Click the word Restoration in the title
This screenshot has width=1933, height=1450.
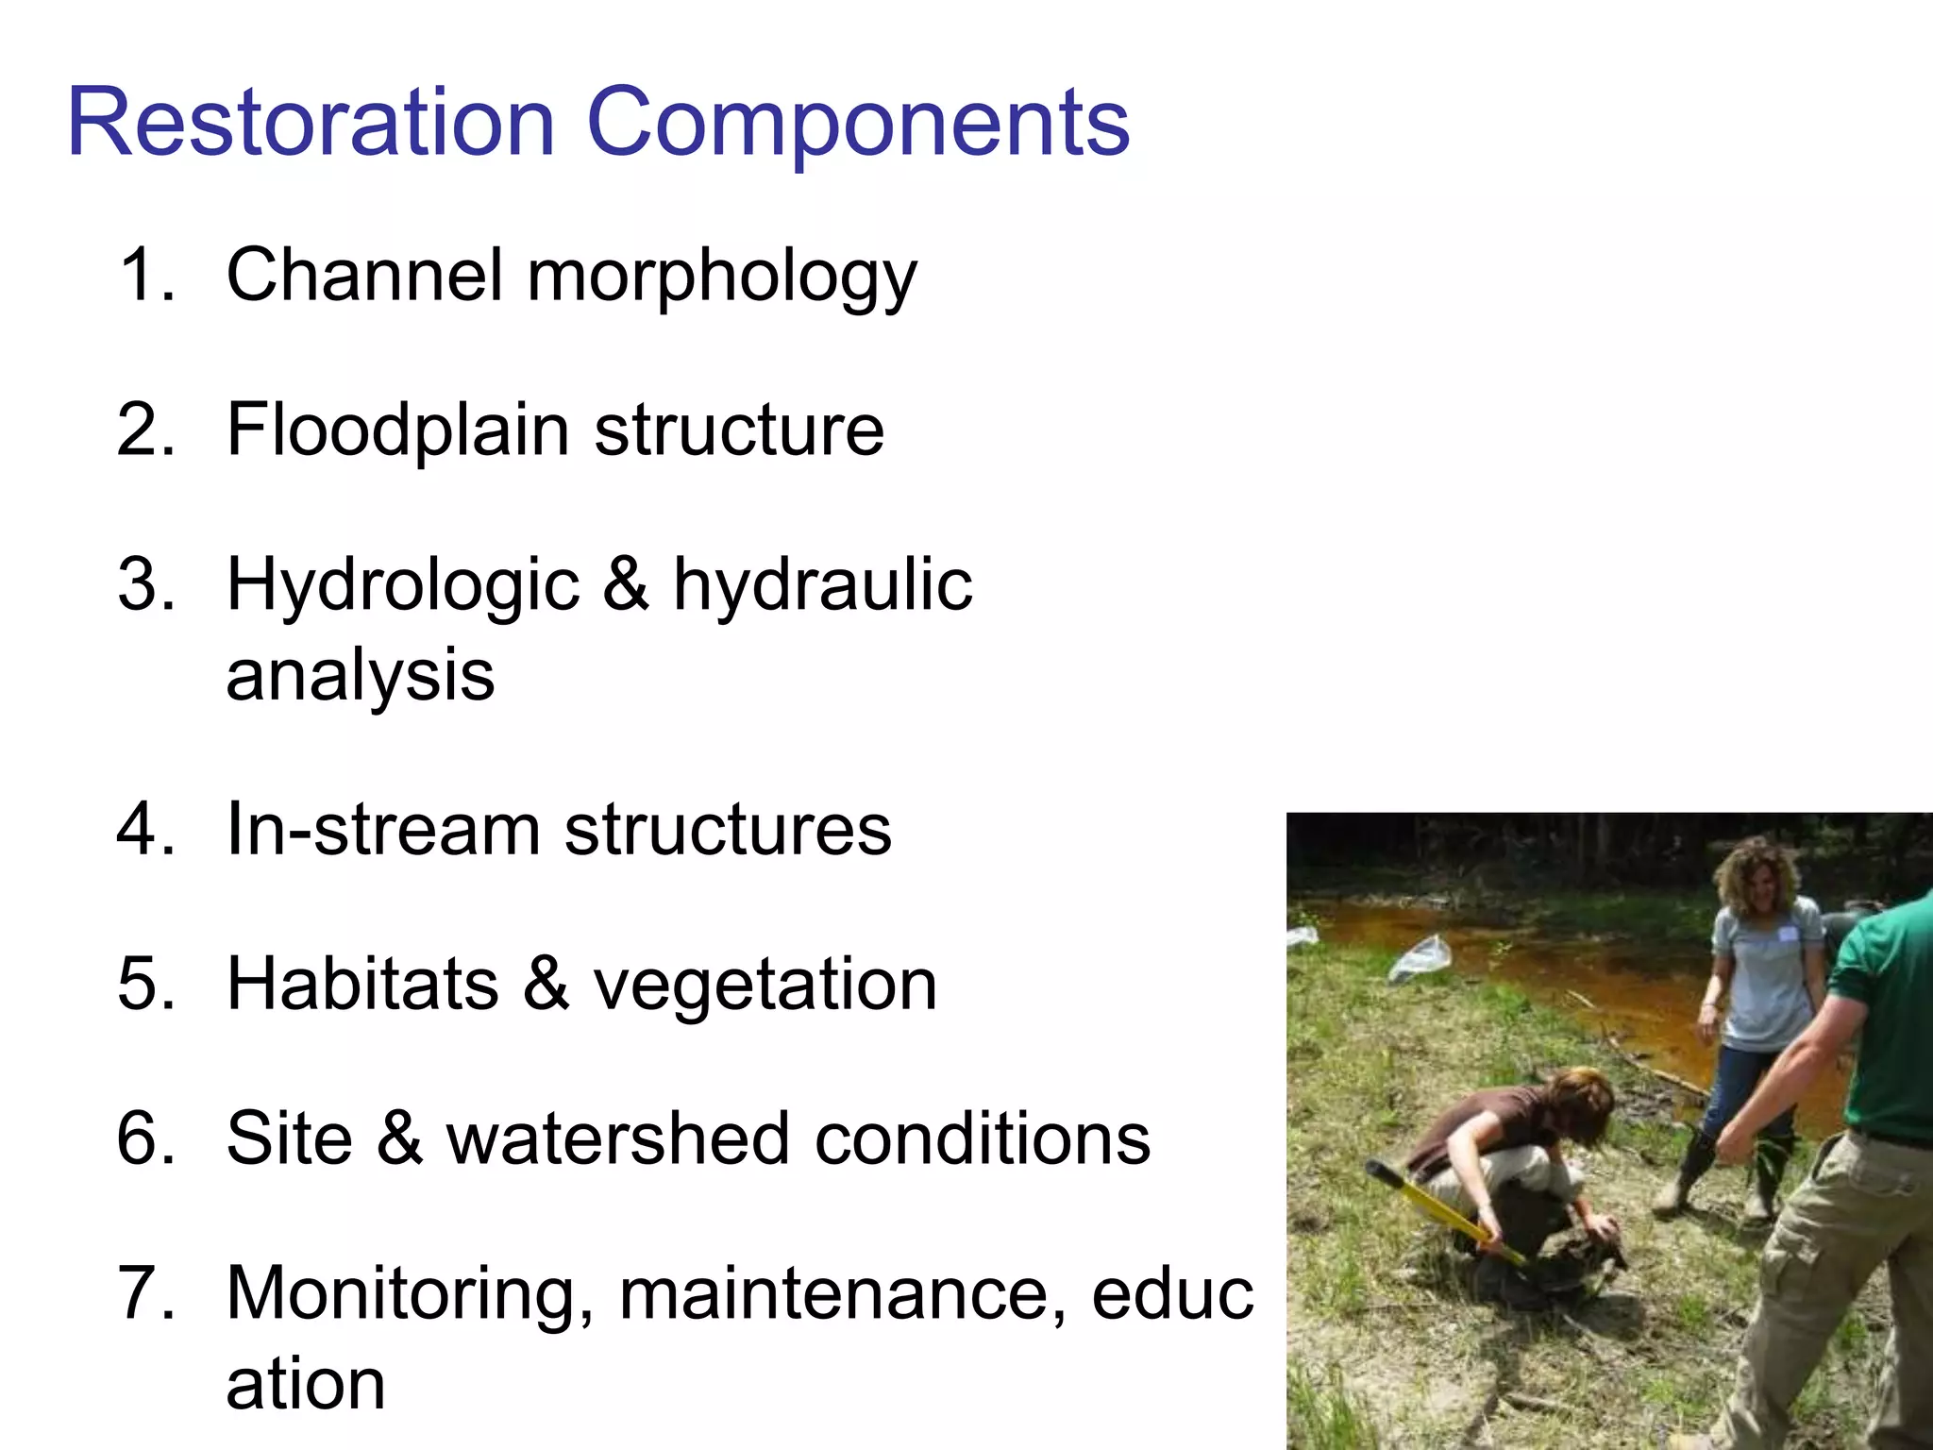[311, 123]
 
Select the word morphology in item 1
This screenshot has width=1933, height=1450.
[722, 277]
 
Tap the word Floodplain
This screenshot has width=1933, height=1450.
[397, 430]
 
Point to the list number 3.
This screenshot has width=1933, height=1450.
[146, 584]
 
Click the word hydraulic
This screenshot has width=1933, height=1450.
[822, 584]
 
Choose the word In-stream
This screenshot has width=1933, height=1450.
[383, 830]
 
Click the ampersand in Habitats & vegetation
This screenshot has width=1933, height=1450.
[546, 984]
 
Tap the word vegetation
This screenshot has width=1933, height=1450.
[765, 984]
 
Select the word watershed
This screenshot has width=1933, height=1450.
[618, 1138]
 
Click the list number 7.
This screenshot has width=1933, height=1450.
[146, 1292]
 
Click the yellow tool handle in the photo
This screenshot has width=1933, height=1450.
[1444, 1213]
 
